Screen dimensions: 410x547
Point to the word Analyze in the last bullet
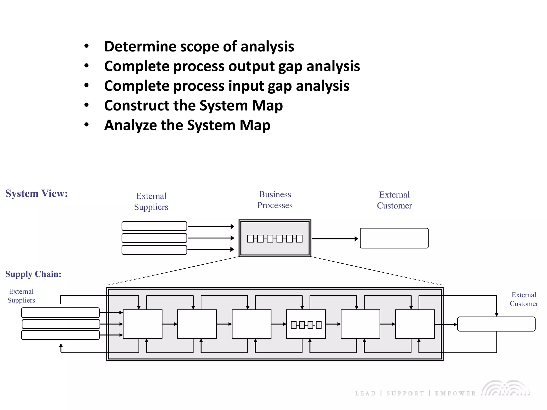tap(130, 125)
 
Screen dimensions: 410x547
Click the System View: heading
tap(37, 194)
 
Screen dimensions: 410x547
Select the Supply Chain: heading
tap(33, 274)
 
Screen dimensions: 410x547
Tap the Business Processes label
tap(275, 200)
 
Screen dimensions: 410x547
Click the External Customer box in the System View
tap(394, 238)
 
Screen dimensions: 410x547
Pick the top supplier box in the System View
tap(154, 226)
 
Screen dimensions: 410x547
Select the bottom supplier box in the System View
tap(154, 250)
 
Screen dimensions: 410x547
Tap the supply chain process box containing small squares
tap(306, 324)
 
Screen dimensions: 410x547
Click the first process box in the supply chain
tap(143, 324)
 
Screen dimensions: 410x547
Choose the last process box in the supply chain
tap(415, 324)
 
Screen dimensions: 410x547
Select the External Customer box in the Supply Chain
tap(496, 324)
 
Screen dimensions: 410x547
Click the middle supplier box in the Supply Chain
tap(61, 324)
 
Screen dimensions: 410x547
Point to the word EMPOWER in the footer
tap(455, 393)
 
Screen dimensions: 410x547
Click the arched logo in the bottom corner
tap(506, 388)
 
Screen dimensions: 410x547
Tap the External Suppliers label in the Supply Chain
tap(21, 296)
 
